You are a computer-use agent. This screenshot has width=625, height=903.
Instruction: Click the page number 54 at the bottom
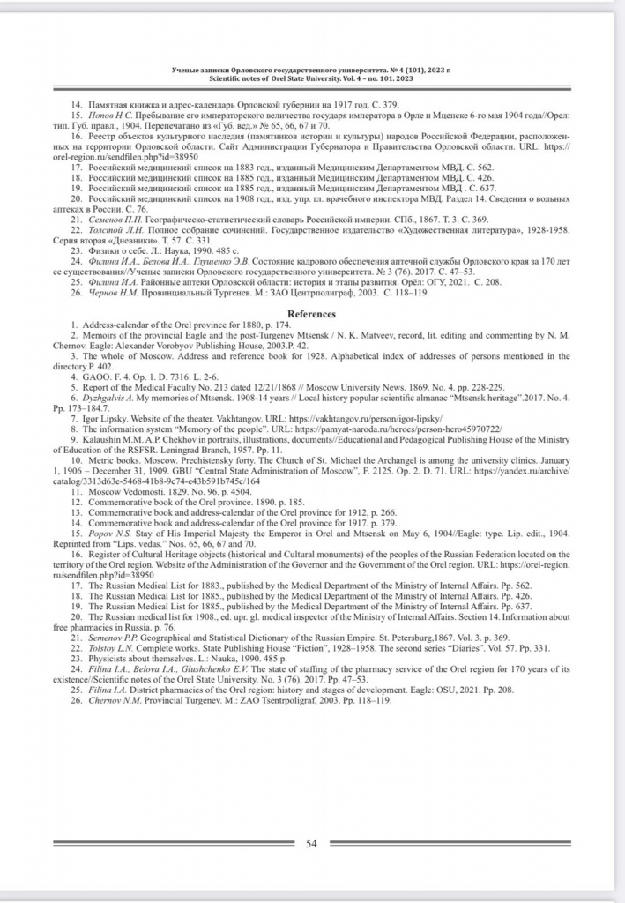click(x=311, y=843)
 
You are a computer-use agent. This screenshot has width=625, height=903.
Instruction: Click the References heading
click(x=312, y=314)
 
